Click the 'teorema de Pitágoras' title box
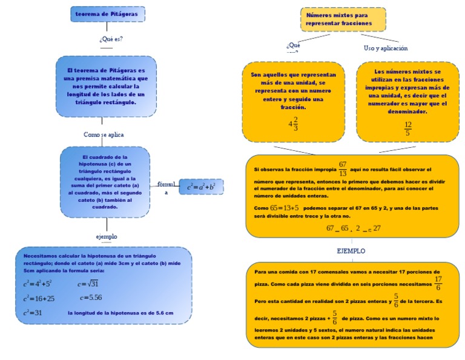tap(108, 14)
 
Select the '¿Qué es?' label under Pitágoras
tap(111, 39)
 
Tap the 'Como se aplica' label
tap(104, 135)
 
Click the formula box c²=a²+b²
tap(201, 187)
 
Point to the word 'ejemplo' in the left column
tap(107, 236)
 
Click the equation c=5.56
tap(90, 298)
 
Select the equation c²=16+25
tap(39, 298)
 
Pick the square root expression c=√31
tap(88, 284)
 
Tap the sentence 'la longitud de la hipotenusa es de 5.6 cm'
tap(120, 313)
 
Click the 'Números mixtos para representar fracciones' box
tap(343, 19)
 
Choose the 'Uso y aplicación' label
tap(386, 48)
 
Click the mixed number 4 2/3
tap(293, 124)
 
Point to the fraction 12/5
tap(407, 128)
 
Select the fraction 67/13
tap(343, 168)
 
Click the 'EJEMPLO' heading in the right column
tap(351, 250)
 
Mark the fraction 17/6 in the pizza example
tap(438, 282)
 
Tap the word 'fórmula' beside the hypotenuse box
tap(166, 184)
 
